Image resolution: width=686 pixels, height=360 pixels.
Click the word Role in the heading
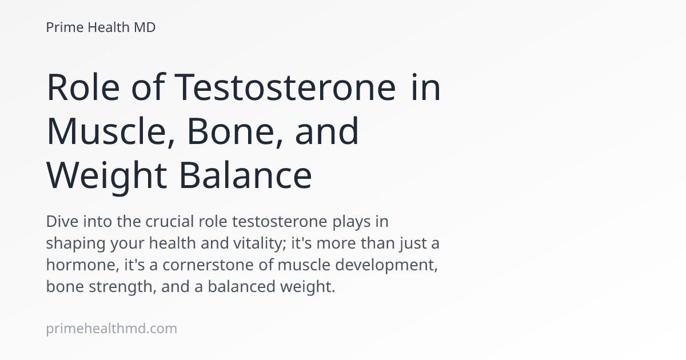pyautogui.click(x=83, y=87)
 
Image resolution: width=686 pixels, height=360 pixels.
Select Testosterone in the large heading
pyautogui.click(x=285, y=87)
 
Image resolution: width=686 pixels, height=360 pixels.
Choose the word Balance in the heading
pyautogui.click(x=246, y=175)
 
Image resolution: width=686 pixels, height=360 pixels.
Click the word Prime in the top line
pyautogui.click(x=65, y=27)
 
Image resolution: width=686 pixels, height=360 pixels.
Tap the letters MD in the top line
pyautogui.click(x=145, y=27)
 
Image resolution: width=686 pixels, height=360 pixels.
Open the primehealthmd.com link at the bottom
pyautogui.click(x=111, y=329)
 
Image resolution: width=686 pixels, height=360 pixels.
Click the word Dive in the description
pyautogui.click(x=62, y=221)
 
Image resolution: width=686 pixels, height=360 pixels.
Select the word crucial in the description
pyautogui.click(x=170, y=221)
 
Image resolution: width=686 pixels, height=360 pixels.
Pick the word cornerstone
pyautogui.click(x=208, y=265)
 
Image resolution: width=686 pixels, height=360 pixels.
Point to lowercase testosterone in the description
pyautogui.click(x=280, y=221)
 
